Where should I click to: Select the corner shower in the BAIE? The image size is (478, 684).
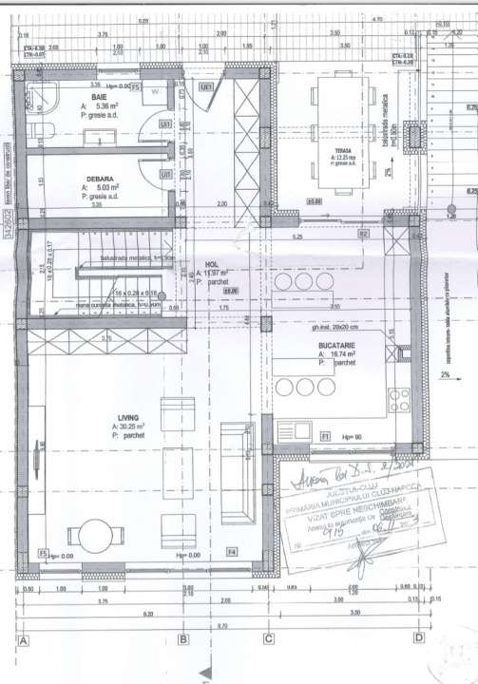42,95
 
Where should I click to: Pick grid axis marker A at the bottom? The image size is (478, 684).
23,639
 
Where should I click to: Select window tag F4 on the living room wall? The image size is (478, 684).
230,552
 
